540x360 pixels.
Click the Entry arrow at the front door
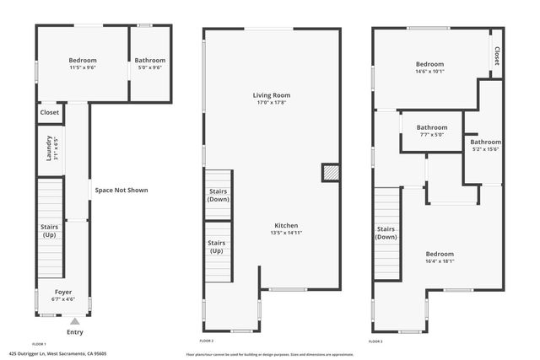coord(75,320)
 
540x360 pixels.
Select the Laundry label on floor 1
coord(50,148)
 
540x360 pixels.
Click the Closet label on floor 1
coord(50,112)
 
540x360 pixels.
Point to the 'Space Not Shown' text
coord(121,191)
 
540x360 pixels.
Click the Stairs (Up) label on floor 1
coord(49,230)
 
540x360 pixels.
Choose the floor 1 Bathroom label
coord(150,61)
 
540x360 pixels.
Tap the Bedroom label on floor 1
coord(83,61)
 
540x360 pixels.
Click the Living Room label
coord(271,95)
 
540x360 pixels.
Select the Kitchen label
coord(286,226)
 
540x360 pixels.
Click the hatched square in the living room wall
coord(331,173)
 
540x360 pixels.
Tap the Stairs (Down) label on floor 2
coord(219,196)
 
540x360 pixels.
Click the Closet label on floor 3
coord(496,56)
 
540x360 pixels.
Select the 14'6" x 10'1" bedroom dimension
coord(435,72)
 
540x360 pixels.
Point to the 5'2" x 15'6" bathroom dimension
coord(485,149)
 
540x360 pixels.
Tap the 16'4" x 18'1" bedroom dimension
coord(440,261)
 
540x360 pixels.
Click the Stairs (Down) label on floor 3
coord(386,233)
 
